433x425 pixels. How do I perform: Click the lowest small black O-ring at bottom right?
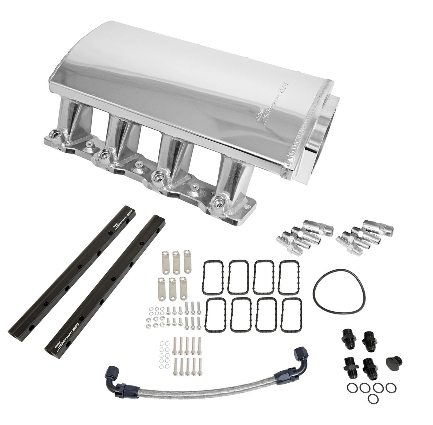[373, 399]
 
